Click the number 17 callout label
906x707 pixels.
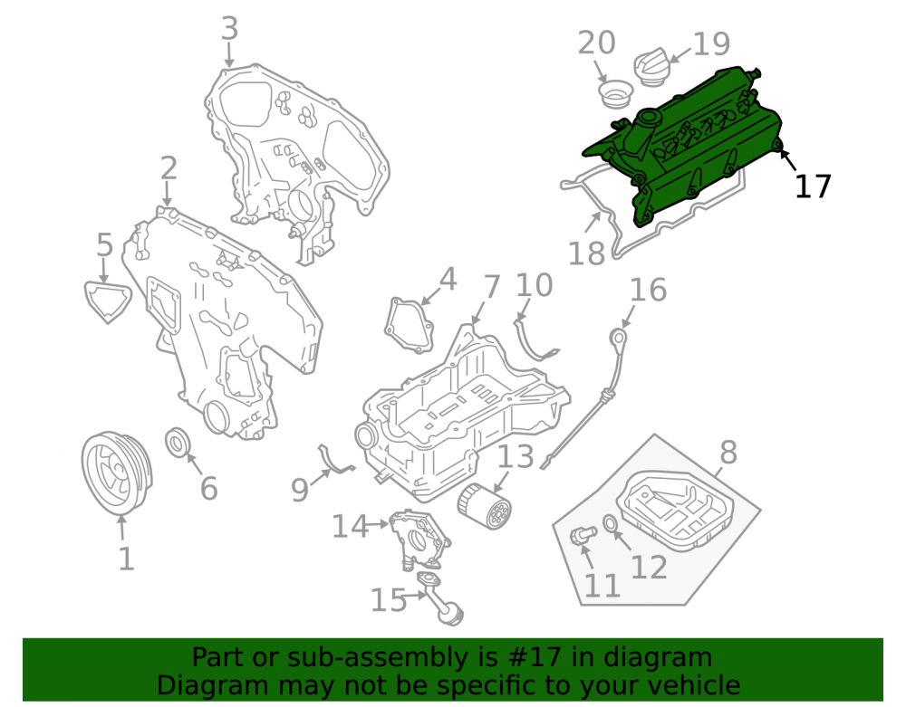click(813, 186)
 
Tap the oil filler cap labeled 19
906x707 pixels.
click(651, 68)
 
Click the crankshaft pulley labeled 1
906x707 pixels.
click(116, 473)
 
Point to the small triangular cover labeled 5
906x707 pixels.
click(108, 301)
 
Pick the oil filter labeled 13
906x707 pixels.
click(484, 506)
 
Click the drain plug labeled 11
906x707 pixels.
click(582, 535)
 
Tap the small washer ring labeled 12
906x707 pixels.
click(610, 523)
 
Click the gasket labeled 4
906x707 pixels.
click(410, 325)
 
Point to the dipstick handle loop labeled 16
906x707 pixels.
click(618, 337)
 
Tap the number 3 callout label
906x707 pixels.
click(229, 28)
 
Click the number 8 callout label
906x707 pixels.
click(728, 452)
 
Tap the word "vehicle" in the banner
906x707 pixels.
click(695, 685)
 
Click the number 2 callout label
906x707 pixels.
click(169, 168)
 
